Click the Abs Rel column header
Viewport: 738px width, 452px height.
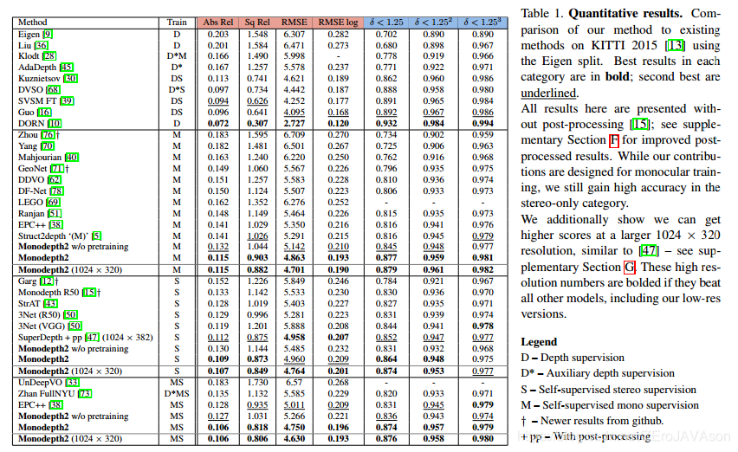point(221,22)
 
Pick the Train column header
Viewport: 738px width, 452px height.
point(177,22)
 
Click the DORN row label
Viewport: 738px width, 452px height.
point(31,124)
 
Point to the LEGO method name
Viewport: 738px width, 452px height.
point(32,202)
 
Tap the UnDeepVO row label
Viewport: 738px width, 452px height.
point(41,382)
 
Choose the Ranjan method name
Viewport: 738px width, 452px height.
point(32,213)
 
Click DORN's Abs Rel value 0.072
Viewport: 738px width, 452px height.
point(217,124)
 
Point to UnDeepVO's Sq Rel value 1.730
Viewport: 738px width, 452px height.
point(258,382)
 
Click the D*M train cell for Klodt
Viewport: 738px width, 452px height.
point(177,55)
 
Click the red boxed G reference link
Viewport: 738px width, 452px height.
point(629,267)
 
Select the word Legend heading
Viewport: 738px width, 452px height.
point(541,342)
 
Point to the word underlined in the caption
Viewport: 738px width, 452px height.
point(550,93)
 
